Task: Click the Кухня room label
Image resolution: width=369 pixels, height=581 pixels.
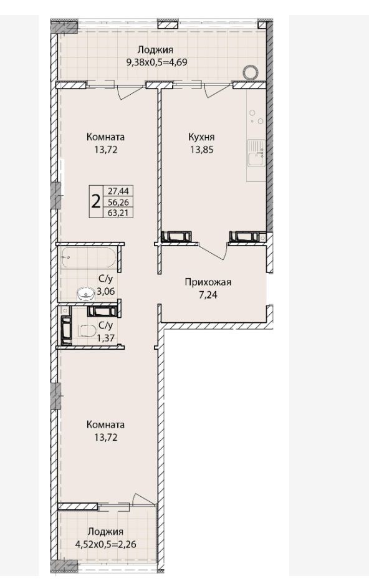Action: [201, 137]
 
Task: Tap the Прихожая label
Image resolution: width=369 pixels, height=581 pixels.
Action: [208, 282]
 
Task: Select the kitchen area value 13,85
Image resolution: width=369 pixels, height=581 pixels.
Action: [201, 150]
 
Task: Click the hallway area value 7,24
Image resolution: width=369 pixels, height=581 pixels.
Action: [208, 295]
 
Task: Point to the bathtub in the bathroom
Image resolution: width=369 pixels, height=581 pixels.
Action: [89, 257]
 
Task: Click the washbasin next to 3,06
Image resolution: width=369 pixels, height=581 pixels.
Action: [86, 295]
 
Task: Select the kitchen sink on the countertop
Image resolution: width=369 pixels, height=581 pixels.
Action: [256, 153]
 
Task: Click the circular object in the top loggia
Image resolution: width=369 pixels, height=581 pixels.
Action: [250, 72]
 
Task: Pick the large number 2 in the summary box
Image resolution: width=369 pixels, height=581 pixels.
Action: [95, 202]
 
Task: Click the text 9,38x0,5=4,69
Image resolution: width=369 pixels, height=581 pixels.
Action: [156, 62]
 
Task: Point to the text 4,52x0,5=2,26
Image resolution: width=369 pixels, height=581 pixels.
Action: [105, 544]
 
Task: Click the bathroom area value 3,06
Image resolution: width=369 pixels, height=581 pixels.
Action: [106, 292]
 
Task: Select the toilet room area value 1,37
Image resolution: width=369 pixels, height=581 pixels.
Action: [105, 337]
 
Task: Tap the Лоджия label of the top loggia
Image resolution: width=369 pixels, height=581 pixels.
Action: [155, 50]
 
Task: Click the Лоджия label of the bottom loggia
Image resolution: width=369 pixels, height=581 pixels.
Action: [105, 532]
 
